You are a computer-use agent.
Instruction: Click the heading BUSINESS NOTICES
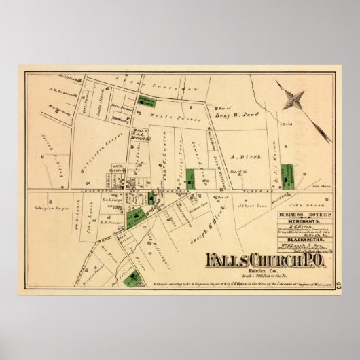coord(303,214)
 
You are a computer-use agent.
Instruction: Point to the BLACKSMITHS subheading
coord(303,240)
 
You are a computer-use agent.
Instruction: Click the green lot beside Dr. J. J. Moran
coord(288,176)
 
